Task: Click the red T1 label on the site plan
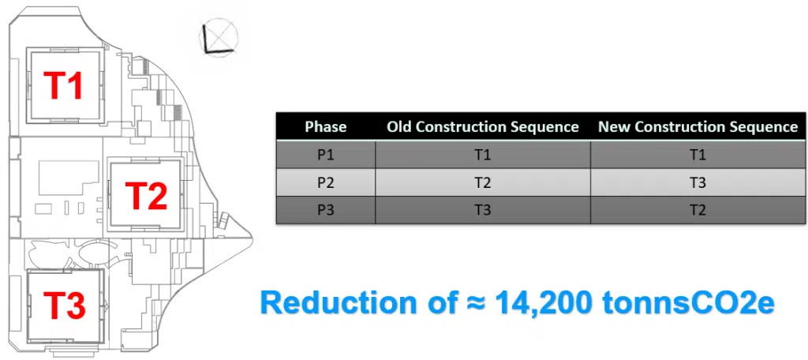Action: tap(64, 85)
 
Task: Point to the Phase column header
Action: tap(325, 126)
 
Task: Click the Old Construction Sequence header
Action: tap(482, 126)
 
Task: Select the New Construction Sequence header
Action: tap(698, 126)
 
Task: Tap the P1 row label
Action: tap(325, 155)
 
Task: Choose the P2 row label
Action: tap(325, 182)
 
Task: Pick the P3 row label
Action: tap(325, 210)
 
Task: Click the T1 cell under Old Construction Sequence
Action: tap(482, 155)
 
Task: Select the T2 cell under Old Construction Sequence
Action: tap(482, 182)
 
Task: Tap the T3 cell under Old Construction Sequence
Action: tap(482, 210)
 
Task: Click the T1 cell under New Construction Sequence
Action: tap(698, 155)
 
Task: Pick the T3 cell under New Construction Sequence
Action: tap(698, 182)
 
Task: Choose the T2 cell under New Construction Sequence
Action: tap(698, 210)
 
